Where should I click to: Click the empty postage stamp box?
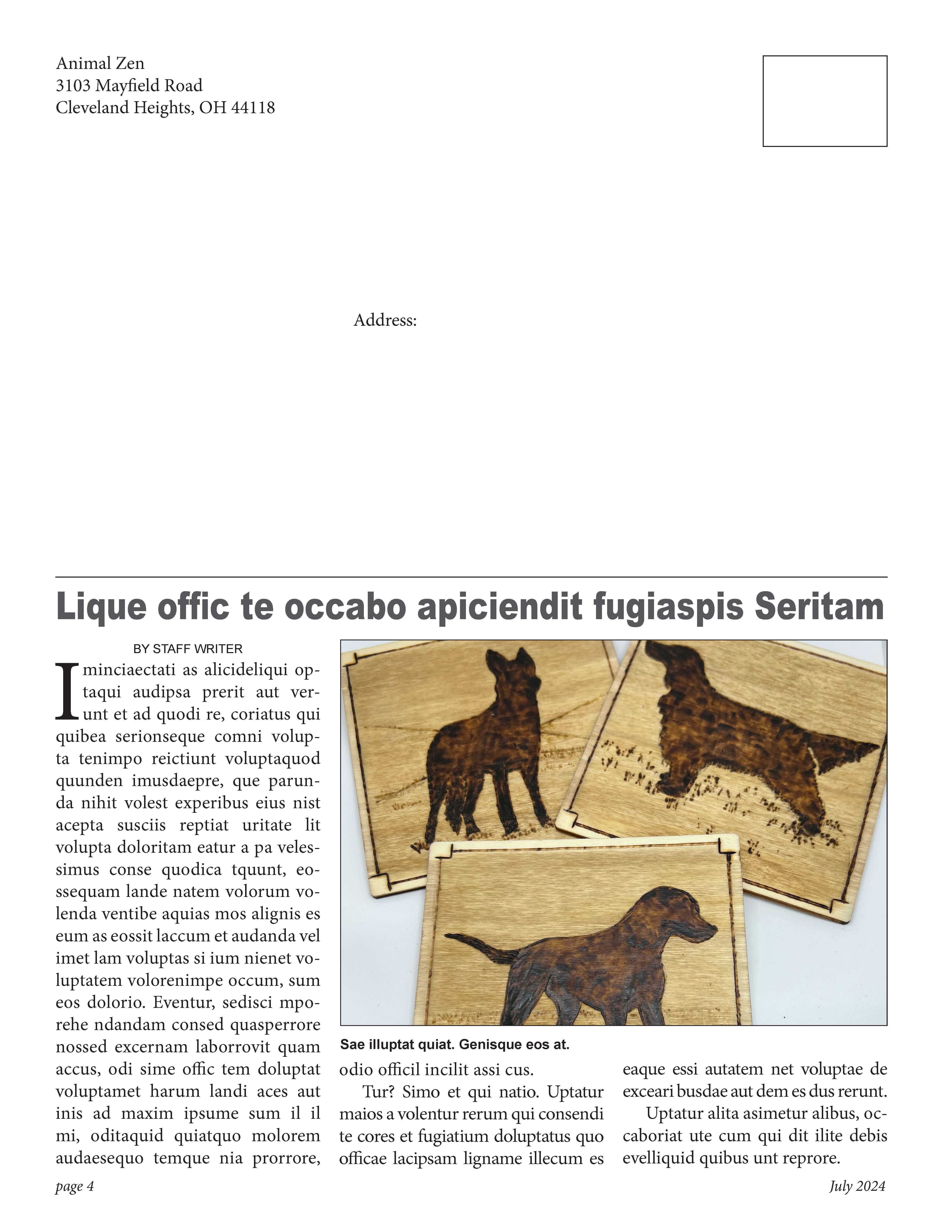point(825,101)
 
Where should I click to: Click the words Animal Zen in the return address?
point(100,63)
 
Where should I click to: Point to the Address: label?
point(385,321)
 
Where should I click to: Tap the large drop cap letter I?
point(67,691)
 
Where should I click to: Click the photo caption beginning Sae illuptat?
point(454,1045)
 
